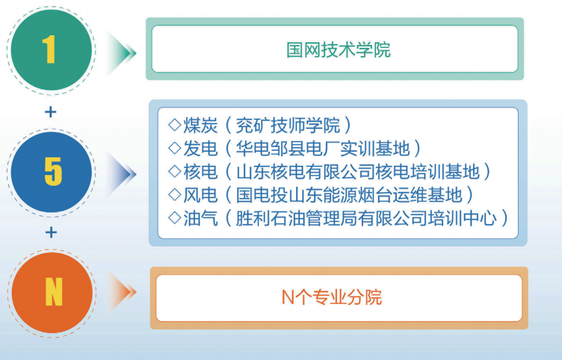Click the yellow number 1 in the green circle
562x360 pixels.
point(49,50)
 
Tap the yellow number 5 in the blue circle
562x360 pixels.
point(52,171)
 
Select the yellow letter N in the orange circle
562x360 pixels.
point(53,292)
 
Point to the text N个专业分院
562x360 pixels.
point(331,297)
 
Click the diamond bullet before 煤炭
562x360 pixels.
point(175,124)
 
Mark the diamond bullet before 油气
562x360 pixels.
point(175,218)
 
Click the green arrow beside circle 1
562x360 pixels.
point(122,52)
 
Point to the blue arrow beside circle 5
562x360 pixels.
point(123,173)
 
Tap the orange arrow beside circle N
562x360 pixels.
point(123,292)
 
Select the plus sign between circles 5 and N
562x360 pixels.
point(51,232)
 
